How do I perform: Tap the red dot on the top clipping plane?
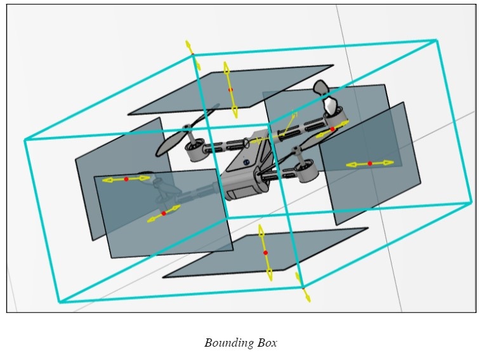pos(230,90)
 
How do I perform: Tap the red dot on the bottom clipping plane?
pos(265,253)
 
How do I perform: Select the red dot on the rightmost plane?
pos(369,164)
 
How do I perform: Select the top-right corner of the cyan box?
pos(436,41)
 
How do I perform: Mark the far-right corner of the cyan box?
pos(471,203)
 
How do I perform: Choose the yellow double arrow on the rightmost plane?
pos(369,164)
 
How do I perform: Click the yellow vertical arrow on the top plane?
pos(230,90)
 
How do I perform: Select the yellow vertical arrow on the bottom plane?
pos(265,253)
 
